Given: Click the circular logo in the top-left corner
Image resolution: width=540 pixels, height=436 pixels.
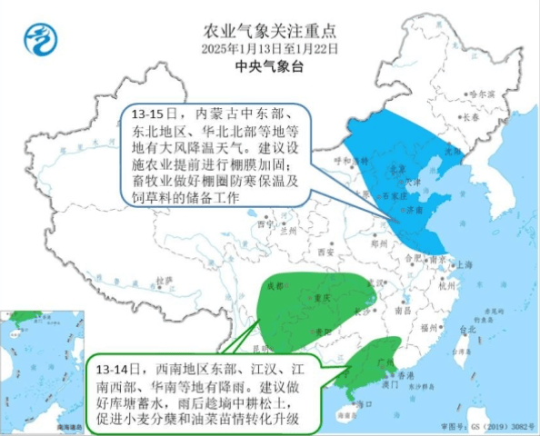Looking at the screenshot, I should (39, 38).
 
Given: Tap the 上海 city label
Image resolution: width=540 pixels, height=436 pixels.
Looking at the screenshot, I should (466, 265).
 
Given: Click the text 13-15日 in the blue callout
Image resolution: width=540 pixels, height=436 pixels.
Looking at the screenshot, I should (152, 116).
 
